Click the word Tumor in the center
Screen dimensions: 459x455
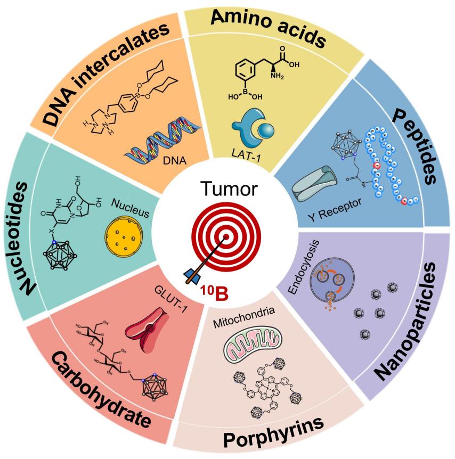pos(226,190)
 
